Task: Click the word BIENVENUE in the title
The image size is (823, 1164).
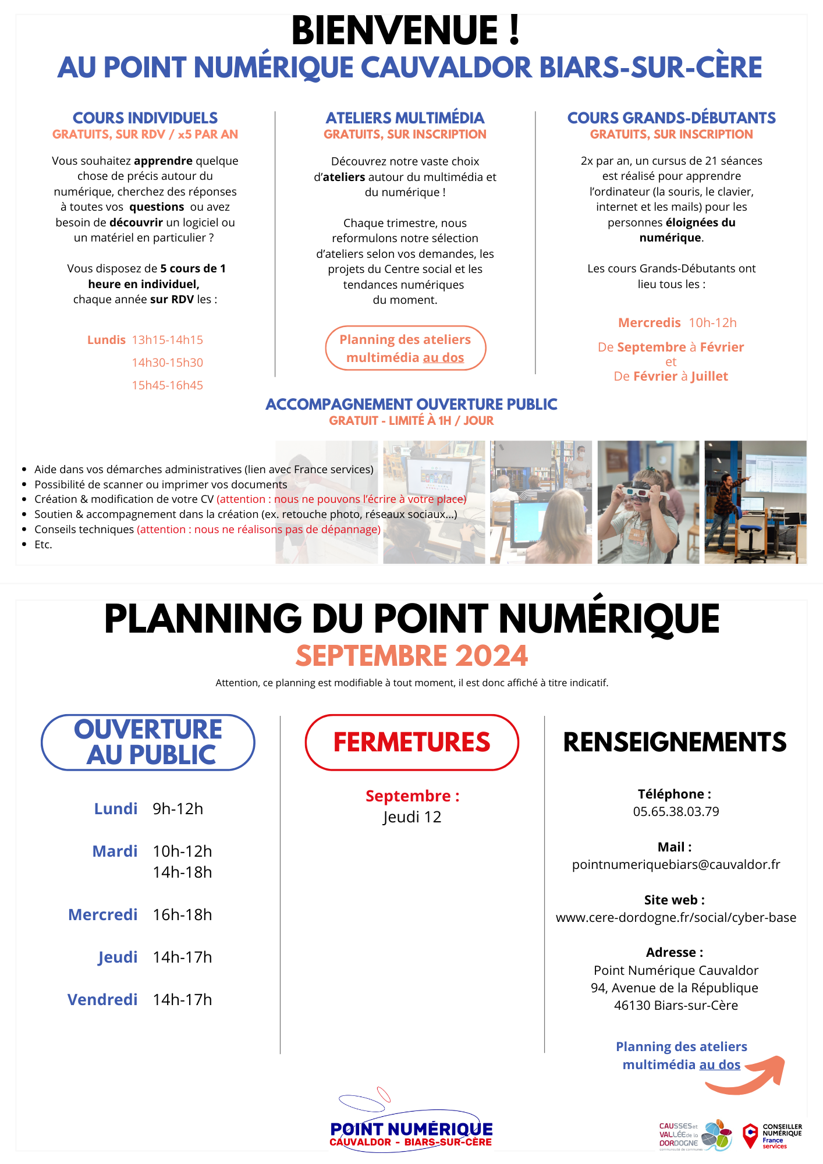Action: [395, 31]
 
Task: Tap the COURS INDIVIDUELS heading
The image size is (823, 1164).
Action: [145, 118]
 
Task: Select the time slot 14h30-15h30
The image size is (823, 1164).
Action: [167, 363]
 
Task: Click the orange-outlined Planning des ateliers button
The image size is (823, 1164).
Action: [405, 348]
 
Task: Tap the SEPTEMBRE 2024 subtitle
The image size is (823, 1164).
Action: [411, 656]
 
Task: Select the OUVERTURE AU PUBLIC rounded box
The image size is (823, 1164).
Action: [148, 742]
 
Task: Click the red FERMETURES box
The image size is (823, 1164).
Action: [411, 742]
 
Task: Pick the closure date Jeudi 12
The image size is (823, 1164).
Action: [411, 817]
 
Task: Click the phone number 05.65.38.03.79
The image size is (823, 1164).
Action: [676, 811]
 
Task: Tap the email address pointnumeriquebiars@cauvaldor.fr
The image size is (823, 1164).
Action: [676, 864]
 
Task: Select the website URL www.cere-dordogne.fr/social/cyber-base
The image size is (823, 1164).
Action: [676, 917]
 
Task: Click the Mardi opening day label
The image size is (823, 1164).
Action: [115, 851]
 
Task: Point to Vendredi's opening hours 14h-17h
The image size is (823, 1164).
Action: [182, 999]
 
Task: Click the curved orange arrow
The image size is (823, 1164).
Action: [751, 1076]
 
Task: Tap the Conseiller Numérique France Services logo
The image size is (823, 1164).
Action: [773, 1135]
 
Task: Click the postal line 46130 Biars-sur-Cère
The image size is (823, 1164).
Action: [676, 1005]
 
